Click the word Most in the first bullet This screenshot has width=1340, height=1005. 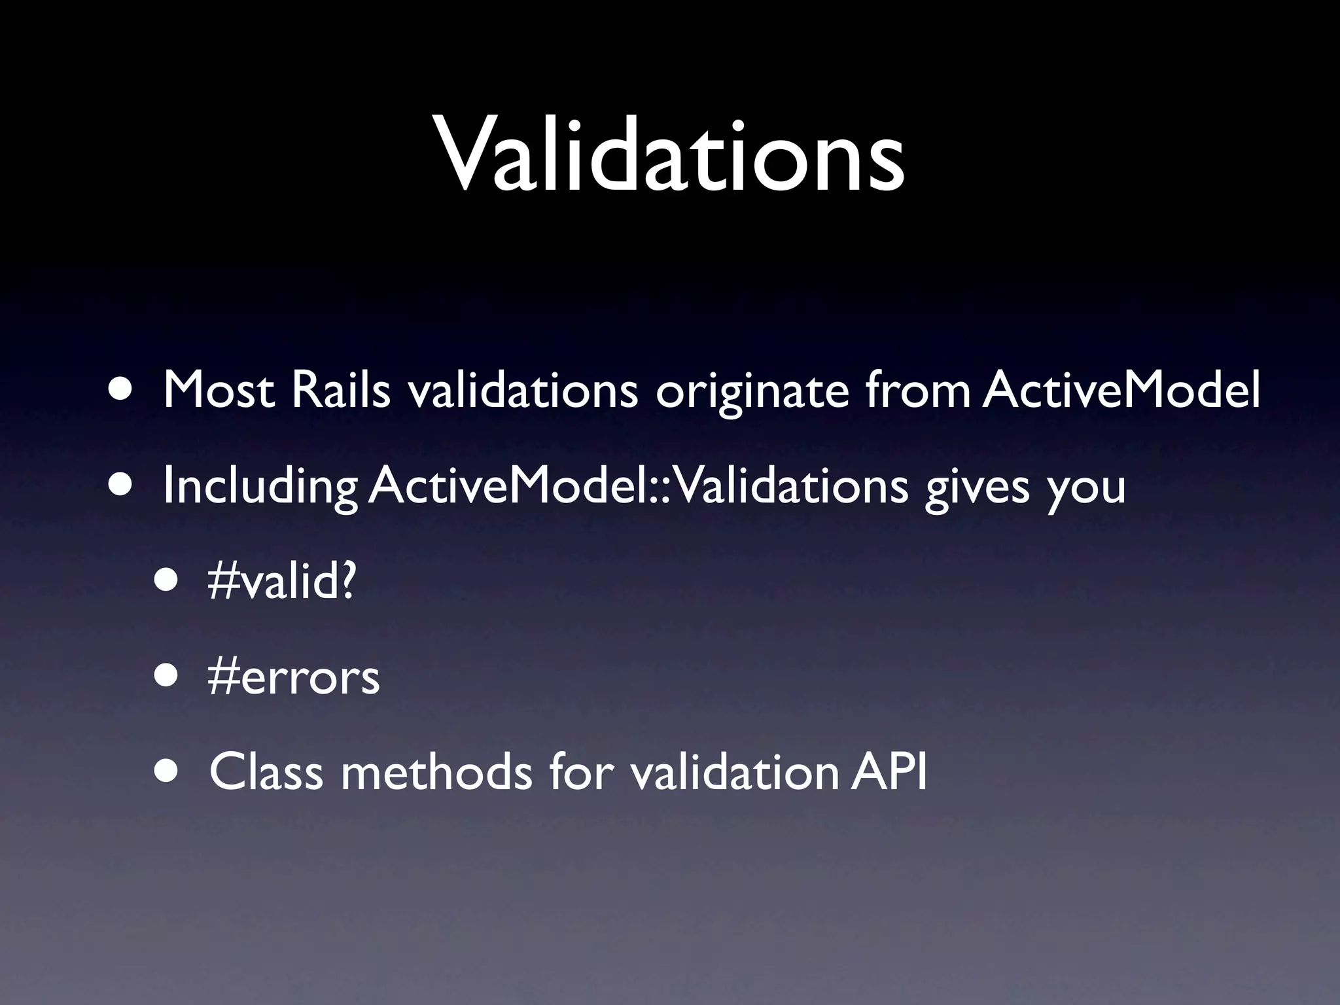(219, 391)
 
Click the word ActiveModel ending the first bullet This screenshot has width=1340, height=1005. (1121, 391)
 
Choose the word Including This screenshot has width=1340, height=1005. (260, 488)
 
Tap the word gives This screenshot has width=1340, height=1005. (978, 488)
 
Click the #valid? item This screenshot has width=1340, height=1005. (281, 582)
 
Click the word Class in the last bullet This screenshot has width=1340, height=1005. (266, 772)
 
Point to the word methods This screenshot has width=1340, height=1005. (436, 772)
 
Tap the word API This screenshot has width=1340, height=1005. (889, 772)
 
